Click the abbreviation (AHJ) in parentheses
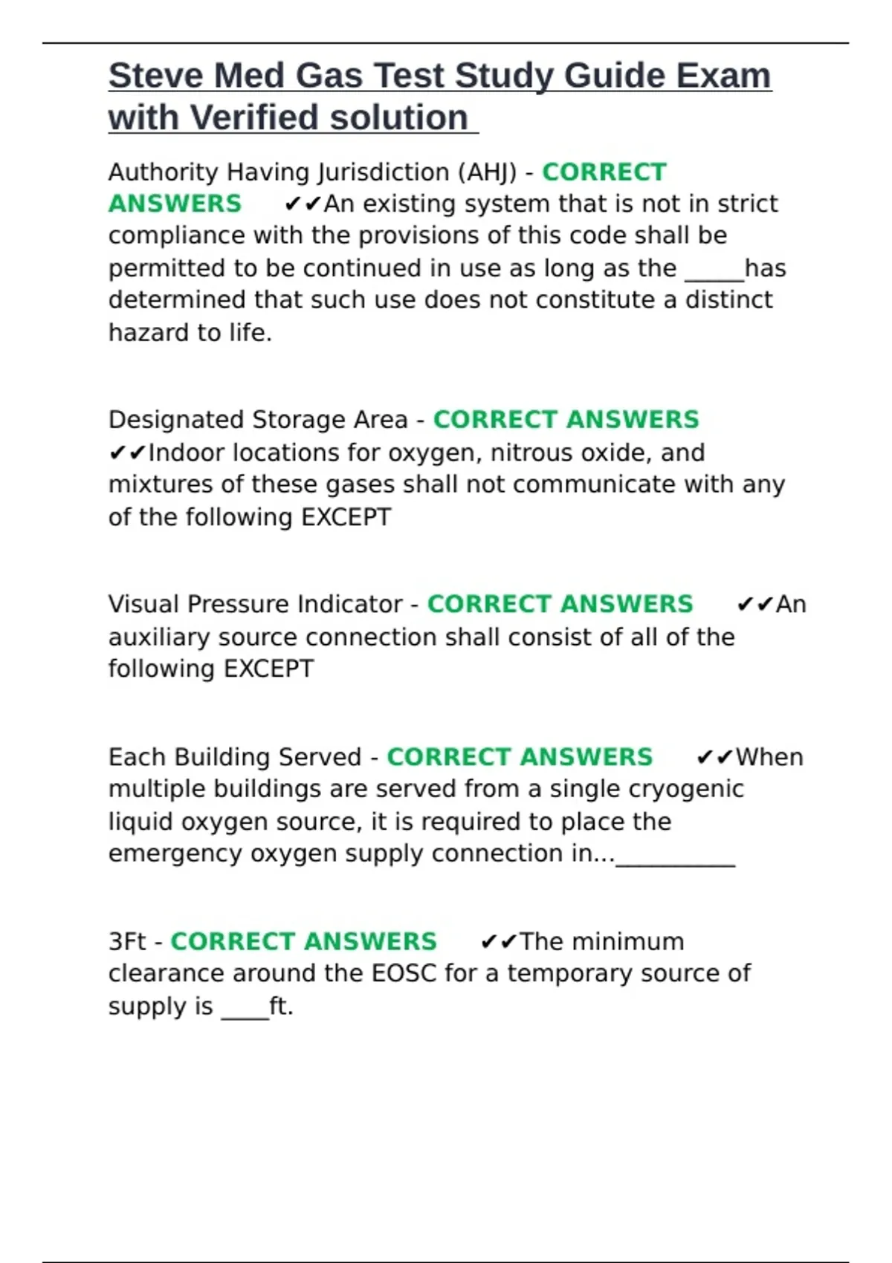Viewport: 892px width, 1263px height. (x=487, y=172)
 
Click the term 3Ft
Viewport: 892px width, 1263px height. (x=127, y=941)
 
